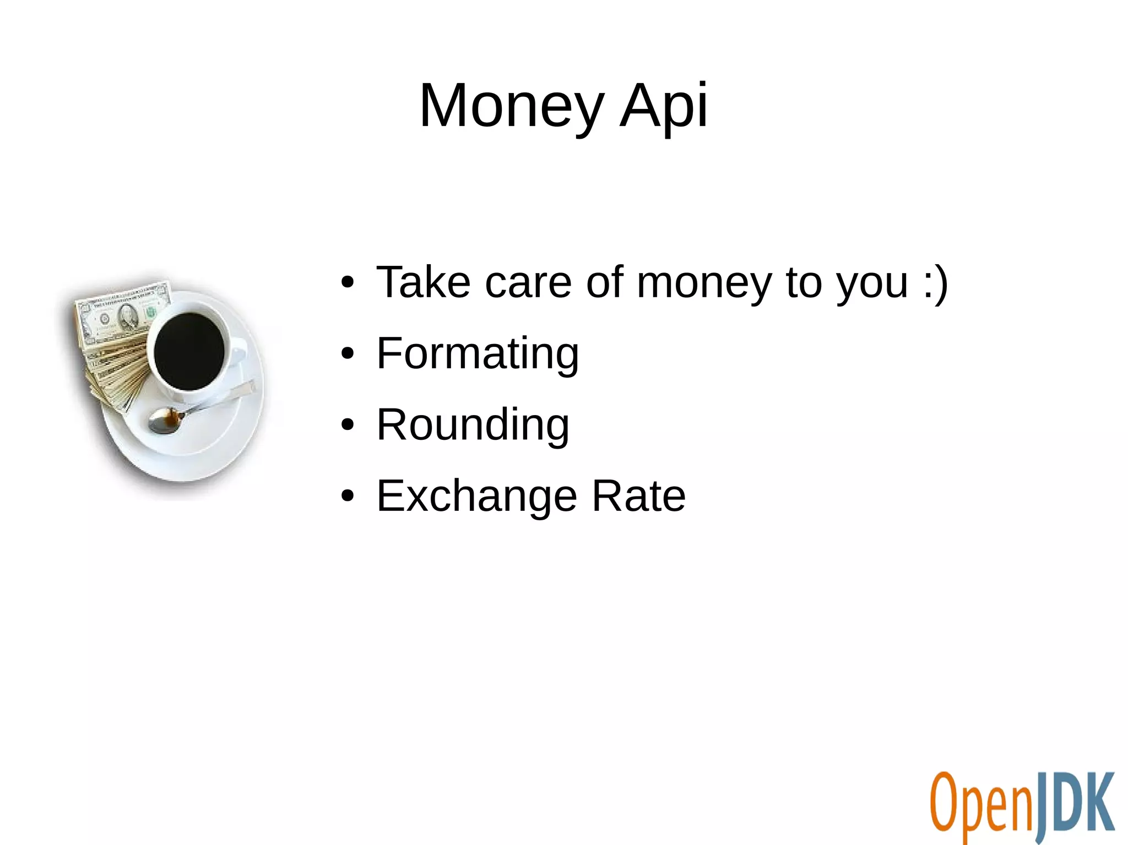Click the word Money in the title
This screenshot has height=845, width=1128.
click(511, 106)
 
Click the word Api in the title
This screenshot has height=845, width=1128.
click(663, 106)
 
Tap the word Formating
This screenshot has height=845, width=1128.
click(477, 353)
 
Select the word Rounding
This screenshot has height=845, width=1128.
click(473, 424)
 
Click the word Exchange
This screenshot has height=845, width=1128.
click(477, 496)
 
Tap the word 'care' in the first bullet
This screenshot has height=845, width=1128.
click(528, 282)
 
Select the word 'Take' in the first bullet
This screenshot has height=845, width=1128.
click(423, 282)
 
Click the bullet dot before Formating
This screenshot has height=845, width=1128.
click(347, 354)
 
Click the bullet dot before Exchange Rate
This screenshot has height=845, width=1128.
click(347, 496)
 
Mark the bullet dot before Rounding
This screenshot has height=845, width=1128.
click(347, 425)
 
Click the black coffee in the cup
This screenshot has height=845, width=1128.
click(188, 351)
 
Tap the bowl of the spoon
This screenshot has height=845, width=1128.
click(164, 421)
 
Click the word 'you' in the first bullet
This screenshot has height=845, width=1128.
click(871, 282)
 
